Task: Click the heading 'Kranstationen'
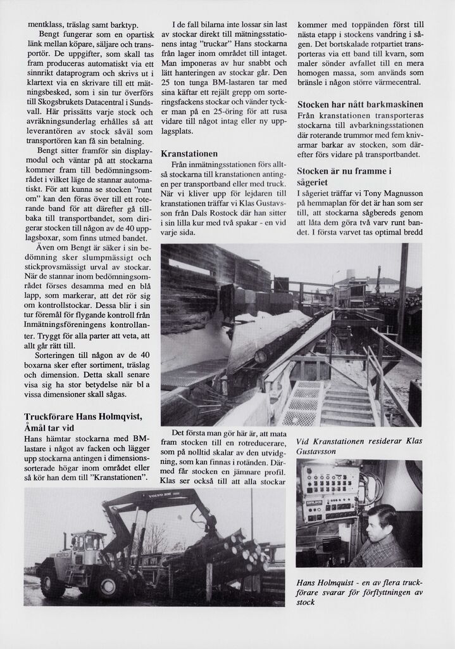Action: point(189,153)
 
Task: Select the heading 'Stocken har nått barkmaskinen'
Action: point(360,104)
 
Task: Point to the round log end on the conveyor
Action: point(260,356)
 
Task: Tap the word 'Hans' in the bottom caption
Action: point(307,582)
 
